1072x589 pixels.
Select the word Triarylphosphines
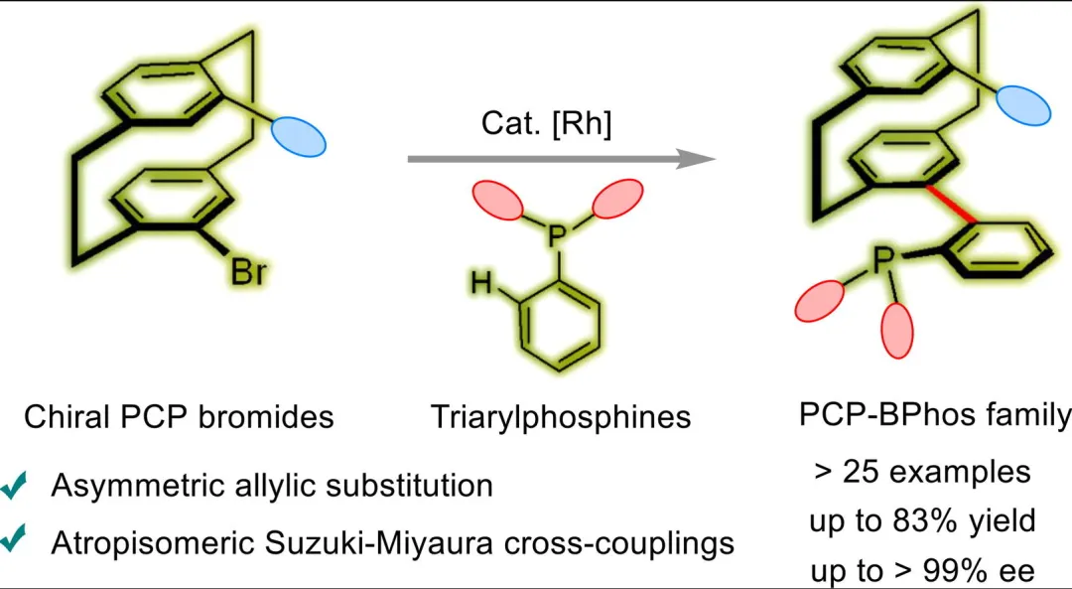[x=561, y=416]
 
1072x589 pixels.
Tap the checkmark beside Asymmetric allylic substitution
[x=15, y=487]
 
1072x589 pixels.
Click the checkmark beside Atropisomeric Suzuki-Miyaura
[x=15, y=543]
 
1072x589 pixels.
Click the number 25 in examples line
[x=857, y=472]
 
